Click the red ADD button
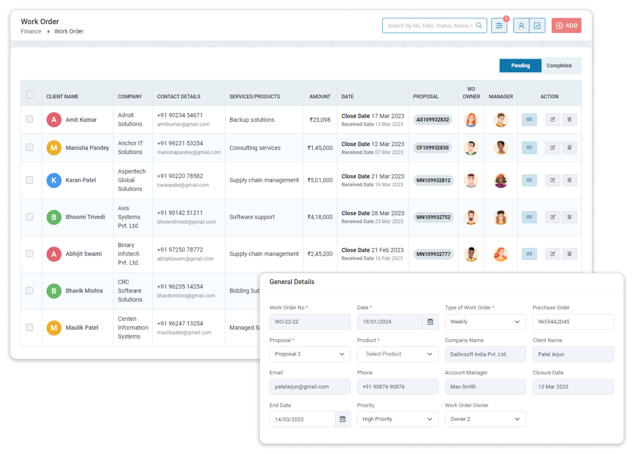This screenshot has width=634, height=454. pyautogui.click(x=566, y=26)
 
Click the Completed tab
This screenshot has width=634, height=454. pyautogui.click(x=559, y=66)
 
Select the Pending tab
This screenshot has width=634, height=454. pyautogui.click(x=520, y=66)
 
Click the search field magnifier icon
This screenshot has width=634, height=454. pyautogui.click(x=479, y=26)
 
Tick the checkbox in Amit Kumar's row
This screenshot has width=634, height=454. pyautogui.click(x=30, y=119)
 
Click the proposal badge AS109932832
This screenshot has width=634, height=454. pyautogui.click(x=432, y=120)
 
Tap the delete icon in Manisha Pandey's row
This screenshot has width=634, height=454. pyautogui.click(x=569, y=148)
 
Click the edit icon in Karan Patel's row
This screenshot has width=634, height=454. pyautogui.click(x=552, y=180)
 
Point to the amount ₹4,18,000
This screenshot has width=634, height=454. pyautogui.click(x=320, y=217)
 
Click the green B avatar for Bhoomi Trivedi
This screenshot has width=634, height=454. pyautogui.click(x=54, y=217)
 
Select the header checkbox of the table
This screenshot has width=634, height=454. pyautogui.click(x=30, y=95)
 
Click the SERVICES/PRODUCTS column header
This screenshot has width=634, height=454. pyautogui.click(x=255, y=96)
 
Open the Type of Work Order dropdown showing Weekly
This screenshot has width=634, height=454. pyautogui.click(x=485, y=322)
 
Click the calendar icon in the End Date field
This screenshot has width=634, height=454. pyautogui.click(x=343, y=419)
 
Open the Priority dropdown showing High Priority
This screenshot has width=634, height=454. pyautogui.click(x=397, y=419)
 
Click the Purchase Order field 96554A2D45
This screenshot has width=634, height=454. pyautogui.click(x=572, y=322)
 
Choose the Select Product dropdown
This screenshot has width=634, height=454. pyautogui.click(x=397, y=354)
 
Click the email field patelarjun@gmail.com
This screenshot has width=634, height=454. pyautogui.click(x=309, y=387)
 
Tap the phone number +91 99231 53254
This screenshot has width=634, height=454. pyautogui.click(x=180, y=143)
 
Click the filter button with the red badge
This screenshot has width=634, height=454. pyautogui.click(x=499, y=26)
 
